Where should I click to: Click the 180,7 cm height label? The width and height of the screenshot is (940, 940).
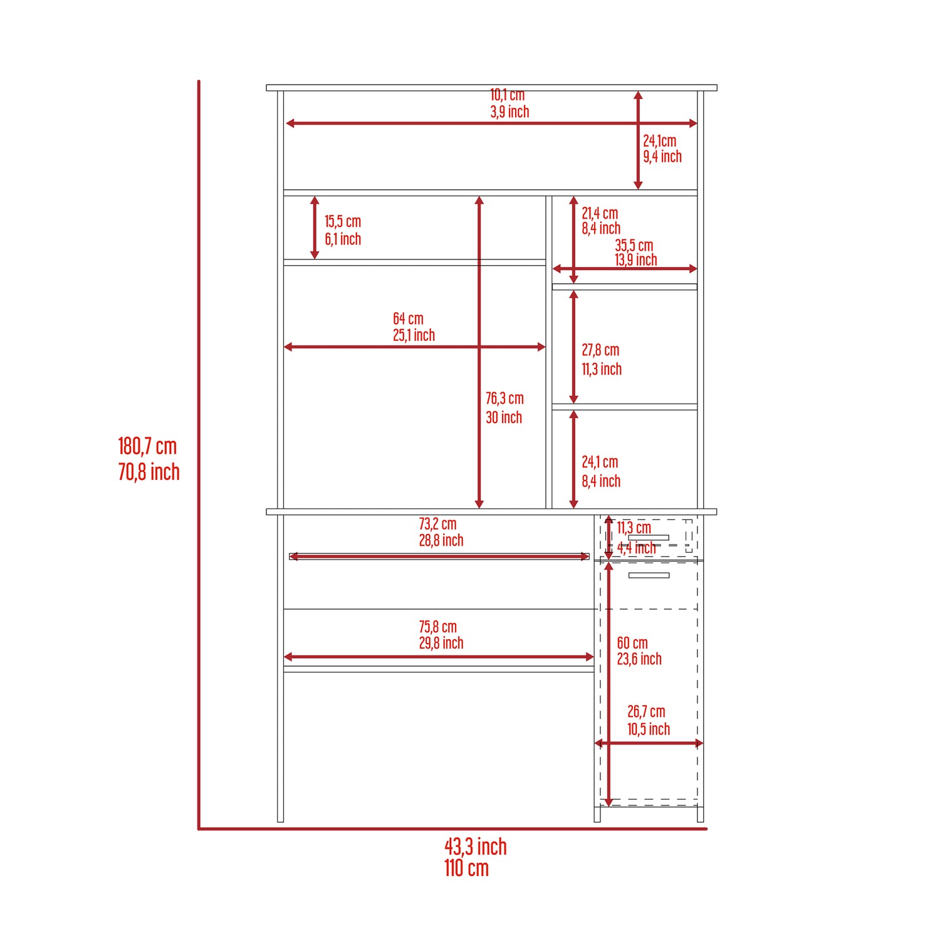tap(147, 446)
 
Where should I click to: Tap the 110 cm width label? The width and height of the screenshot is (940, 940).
tap(466, 868)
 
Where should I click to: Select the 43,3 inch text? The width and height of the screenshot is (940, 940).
tap(476, 847)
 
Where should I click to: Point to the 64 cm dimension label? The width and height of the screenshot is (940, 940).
tap(408, 318)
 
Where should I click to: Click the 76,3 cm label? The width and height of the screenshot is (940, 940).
tap(504, 399)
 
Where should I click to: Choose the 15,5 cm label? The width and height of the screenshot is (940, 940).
tap(343, 221)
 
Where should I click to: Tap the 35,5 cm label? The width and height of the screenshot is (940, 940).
tap(634, 245)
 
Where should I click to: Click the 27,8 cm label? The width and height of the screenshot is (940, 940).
tap(600, 350)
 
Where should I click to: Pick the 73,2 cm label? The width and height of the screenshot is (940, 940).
tap(437, 523)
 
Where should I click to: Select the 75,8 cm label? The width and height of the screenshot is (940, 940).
tap(437, 627)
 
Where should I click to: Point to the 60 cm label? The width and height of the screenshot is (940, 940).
tap(632, 643)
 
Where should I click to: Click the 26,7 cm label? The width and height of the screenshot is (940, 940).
tap(646, 712)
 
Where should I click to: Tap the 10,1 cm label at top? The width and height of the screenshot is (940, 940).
tap(507, 95)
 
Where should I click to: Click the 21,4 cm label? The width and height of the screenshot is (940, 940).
tap(600, 213)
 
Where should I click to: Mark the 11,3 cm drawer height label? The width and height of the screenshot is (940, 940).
tap(634, 528)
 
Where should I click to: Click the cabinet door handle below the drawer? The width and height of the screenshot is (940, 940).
tap(649, 575)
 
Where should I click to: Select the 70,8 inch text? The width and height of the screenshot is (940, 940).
tap(149, 472)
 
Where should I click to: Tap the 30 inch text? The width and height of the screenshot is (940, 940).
tap(504, 417)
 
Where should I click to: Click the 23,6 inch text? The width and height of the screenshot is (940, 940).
tap(639, 659)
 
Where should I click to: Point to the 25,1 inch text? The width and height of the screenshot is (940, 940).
tap(414, 335)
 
